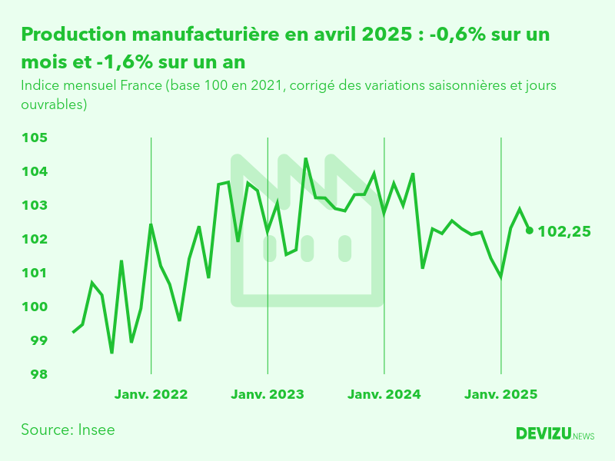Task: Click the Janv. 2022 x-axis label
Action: click(x=151, y=394)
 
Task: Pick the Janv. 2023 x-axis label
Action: click(x=268, y=394)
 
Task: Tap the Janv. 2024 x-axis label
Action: click(x=384, y=394)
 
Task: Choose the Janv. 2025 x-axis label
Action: click(x=501, y=394)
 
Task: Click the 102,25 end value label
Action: click(x=564, y=230)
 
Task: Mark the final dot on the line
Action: click(x=529, y=230)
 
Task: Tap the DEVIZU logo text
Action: click(x=544, y=434)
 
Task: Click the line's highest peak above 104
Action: click(x=306, y=159)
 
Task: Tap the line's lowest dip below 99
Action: click(x=111, y=353)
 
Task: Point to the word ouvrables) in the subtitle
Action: click(x=54, y=103)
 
